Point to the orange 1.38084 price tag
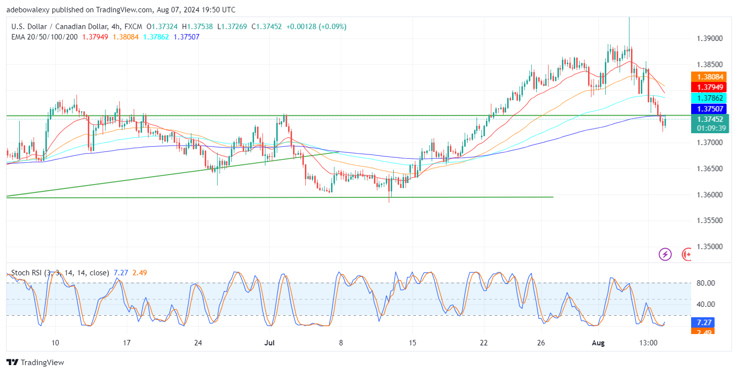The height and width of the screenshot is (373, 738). click(709, 77)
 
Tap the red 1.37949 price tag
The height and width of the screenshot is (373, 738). click(709, 88)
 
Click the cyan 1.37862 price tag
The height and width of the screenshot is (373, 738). click(709, 98)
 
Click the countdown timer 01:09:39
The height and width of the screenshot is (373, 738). click(709, 128)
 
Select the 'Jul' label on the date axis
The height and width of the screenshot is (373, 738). click(269, 343)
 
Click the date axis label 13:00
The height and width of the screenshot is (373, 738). click(648, 343)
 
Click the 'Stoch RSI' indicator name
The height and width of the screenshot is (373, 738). click(26, 272)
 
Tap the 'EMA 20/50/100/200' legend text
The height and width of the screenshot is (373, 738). click(45, 37)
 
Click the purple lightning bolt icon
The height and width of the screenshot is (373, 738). click(665, 255)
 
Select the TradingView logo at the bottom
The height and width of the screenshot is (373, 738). click(35, 363)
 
